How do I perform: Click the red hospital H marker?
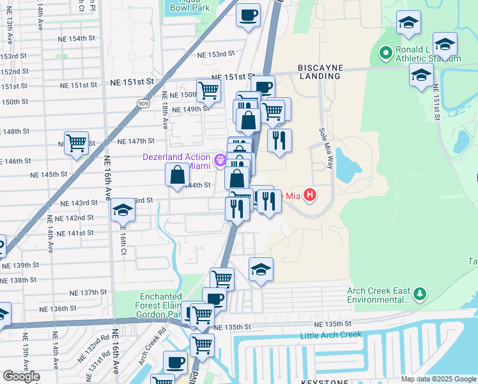(x=310, y=194)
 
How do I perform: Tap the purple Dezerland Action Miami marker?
(x=220, y=160)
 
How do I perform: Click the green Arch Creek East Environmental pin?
(x=419, y=294)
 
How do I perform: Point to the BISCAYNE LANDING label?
(x=319, y=71)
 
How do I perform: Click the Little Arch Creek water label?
(x=331, y=335)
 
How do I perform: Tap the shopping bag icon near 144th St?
(x=177, y=175)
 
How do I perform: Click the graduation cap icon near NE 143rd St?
(x=122, y=211)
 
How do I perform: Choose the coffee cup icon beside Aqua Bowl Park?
(x=248, y=14)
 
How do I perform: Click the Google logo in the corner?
(x=21, y=376)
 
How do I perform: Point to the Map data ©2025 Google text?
(x=438, y=379)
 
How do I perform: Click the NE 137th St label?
(x=89, y=292)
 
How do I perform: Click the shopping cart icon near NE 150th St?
(x=208, y=91)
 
